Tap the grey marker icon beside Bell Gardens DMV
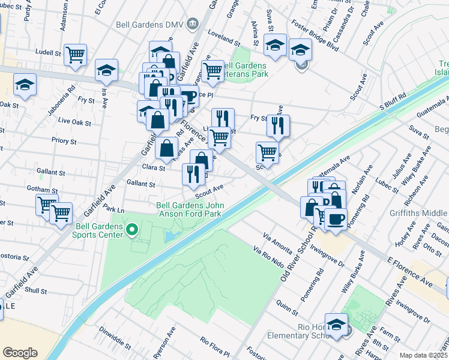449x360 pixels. click(x=192, y=25)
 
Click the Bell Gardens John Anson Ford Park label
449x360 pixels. click(x=190, y=209)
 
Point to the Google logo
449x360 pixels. click(x=20, y=352)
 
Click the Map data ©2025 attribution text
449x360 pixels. click(x=423, y=355)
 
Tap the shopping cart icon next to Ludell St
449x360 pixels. click(x=76, y=55)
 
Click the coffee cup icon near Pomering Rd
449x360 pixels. click(x=336, y=218)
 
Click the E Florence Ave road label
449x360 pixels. click(x=410, y=272)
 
